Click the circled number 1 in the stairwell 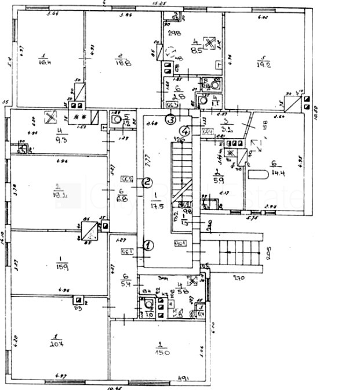149,245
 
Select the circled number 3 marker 170,120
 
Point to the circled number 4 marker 185,130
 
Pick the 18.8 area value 120,62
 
